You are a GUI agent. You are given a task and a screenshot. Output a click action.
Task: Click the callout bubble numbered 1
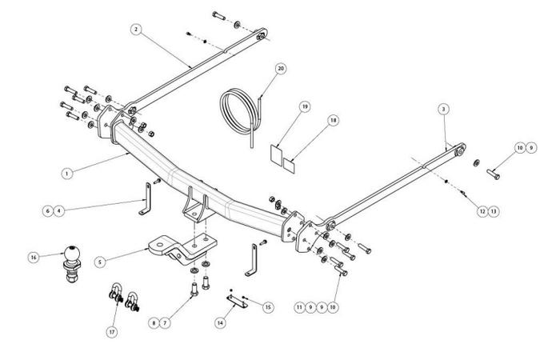point(66,174)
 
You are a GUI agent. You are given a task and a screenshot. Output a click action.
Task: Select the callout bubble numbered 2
point(136,30)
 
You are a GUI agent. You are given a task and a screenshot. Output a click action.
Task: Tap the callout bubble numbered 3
point(443,110)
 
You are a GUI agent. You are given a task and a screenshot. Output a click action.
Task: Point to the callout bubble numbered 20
point(281,69)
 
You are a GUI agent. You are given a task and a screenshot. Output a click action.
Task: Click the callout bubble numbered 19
point(305,106)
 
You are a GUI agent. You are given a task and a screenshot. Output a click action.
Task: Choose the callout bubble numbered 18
point(334,120)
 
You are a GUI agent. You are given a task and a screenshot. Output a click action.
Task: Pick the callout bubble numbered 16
point(34,257)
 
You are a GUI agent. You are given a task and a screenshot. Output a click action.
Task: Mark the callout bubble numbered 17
point(112,332)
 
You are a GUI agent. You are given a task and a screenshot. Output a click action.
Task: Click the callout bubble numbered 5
point(100,262)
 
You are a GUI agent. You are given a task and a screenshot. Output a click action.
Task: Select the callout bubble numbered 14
point(220,323)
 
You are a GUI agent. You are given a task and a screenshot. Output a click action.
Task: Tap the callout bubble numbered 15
point(268,307)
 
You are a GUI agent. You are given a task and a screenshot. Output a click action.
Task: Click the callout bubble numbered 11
point(300,307)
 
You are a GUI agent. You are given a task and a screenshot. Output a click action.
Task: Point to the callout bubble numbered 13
point(494,211)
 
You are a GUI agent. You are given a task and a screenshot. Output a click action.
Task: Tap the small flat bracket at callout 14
point(237,302)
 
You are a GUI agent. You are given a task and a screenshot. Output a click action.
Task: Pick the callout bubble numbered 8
point(154,323)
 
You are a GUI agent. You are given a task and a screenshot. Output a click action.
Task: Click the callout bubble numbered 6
point(48,211)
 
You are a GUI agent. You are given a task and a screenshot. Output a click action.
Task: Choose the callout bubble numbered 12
point(482,211)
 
